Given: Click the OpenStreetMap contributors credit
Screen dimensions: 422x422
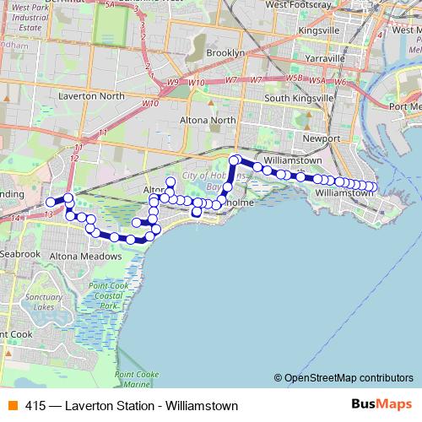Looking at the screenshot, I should tap(344, 378).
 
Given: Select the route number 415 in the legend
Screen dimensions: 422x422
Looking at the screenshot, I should tap(35, 406).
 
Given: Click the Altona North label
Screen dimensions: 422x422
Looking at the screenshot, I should tap(205, 120).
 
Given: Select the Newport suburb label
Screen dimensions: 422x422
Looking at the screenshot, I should tap(320, 138).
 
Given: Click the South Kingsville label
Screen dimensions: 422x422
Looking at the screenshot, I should tap(300, 98).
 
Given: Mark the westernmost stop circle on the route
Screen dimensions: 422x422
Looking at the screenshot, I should tap(50, 202).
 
